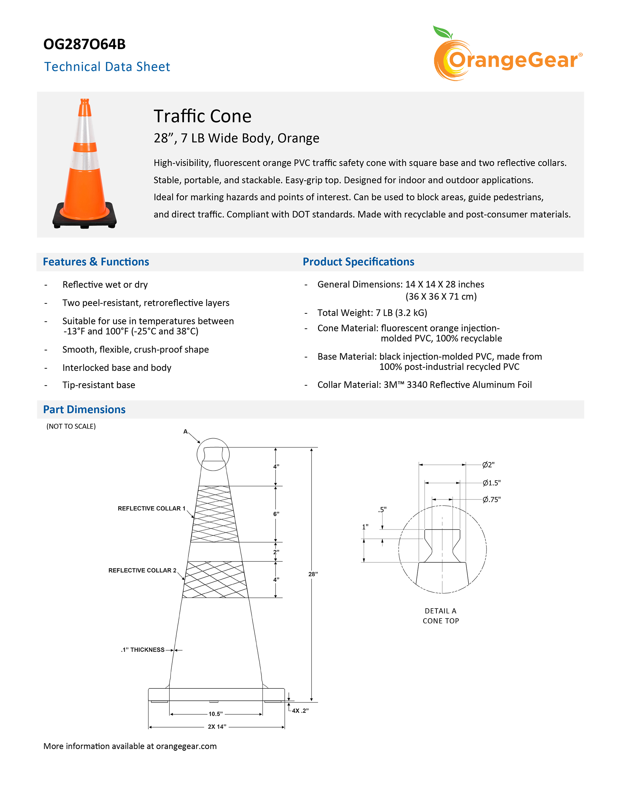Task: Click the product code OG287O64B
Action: (x=84, y=44)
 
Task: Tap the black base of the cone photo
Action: (x=84, y=219)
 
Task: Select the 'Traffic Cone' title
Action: (x=202, y=116)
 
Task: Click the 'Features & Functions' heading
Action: (x=96, y=262)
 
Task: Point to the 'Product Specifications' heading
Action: (x=358, y=262)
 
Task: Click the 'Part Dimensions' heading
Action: (x=84, y=409)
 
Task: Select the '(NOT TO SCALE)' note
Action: (x=71, y=426)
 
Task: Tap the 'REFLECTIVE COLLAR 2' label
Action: (x=142, y=570)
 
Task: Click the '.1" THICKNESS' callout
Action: (x=143, y=650)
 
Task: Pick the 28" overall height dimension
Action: (x=313, y=574)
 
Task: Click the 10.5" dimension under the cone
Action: (x=216, y=714)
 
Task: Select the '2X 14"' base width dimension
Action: (x=217, y=727)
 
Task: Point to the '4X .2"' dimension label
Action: (x=300, y=711)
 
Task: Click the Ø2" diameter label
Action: (x=488, y=465)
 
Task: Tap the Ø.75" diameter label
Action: (x=491, y=499)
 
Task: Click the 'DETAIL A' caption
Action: (x=440, y=611)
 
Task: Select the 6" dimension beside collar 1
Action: (x=276, y=514)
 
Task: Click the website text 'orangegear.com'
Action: (x=186, y=746)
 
